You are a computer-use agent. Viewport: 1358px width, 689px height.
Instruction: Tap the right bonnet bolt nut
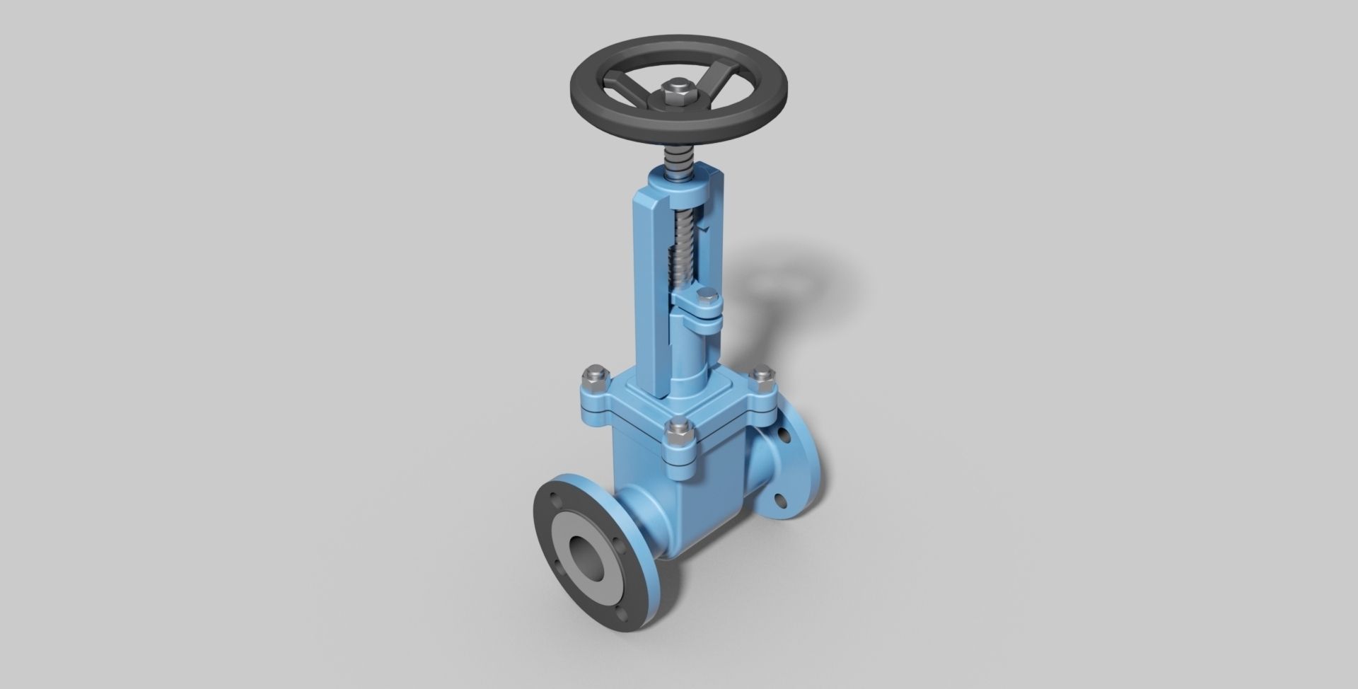(x=762, y=377)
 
